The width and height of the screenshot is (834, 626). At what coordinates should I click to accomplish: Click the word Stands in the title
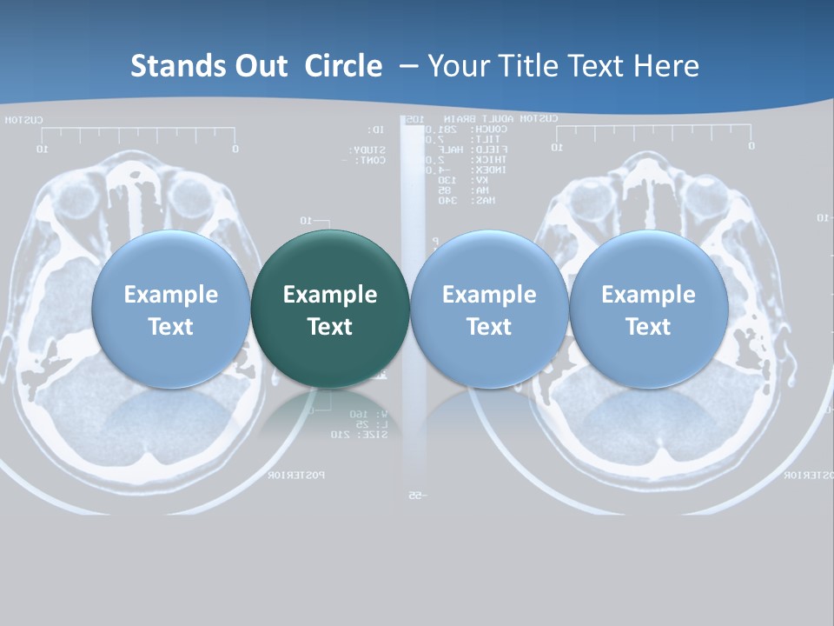[x=167, y=66]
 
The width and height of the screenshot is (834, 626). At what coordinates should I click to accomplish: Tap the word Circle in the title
[x=343, y=66]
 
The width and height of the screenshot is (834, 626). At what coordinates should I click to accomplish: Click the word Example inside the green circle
[x=330, y=295]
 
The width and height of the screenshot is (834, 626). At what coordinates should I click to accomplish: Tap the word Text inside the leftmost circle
[x=170, y=327]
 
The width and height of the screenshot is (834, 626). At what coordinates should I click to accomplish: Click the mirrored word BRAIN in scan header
[x=460, y=119]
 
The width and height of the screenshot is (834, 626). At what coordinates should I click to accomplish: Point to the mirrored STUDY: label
[x=374, y=150]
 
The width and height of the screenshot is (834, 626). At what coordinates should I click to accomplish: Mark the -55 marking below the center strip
[x=415, y=496]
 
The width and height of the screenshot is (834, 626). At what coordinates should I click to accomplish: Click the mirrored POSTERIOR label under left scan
[x=296, y=475]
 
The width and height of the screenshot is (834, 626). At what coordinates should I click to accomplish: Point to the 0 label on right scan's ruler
[x=751, y=147]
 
